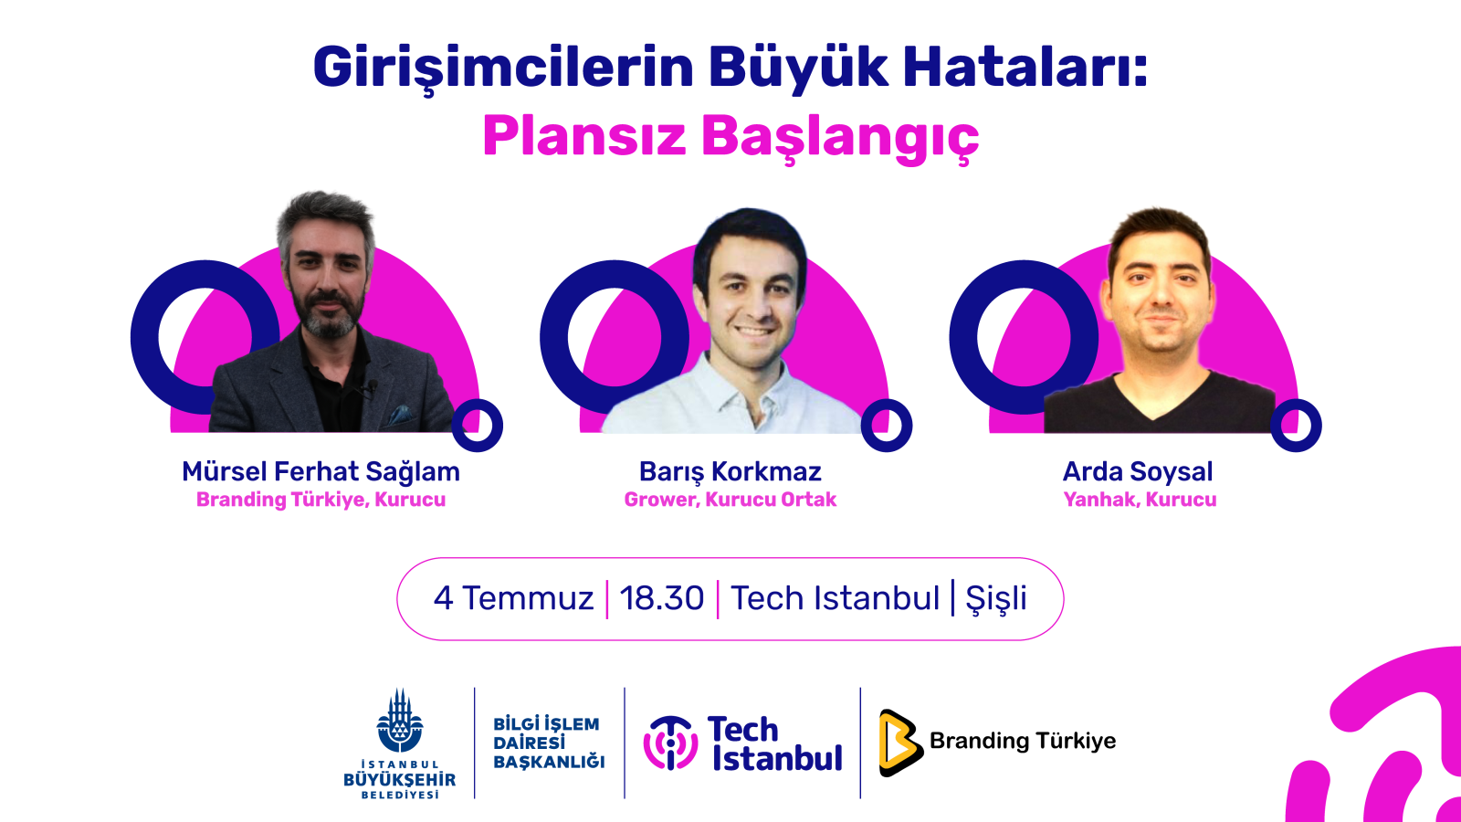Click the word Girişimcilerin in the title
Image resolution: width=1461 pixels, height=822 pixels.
(x=503, y=68)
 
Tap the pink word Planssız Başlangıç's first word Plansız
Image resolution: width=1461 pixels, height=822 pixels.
(x=584, y=136)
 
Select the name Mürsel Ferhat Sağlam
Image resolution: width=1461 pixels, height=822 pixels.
(x=321, y=472)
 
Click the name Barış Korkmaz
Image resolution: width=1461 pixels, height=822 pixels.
(x=730, y=471)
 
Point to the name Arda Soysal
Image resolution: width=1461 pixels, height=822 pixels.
(x=1138, y=471)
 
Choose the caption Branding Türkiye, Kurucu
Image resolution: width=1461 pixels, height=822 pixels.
(x=321, y=500)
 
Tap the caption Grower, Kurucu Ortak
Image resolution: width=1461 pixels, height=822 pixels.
(x=730, y=500)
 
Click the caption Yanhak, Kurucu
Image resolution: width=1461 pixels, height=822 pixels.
(x=1140, y=500)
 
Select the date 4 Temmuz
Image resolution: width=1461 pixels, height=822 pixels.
(x=514, y=597)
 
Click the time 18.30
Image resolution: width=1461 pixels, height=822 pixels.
(x=662, y=597)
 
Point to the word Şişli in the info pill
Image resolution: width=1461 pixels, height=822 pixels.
(x=996, y=599)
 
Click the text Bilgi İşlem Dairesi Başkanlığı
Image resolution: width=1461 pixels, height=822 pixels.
(x=549, y=743)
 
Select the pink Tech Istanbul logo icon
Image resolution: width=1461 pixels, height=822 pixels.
(x=671, y=743)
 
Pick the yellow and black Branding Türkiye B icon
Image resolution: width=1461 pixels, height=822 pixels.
(x=900, y=743)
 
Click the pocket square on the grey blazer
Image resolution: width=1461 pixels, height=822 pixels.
(x=400, y=416)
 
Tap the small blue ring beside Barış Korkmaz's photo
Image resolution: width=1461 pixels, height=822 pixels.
(x=887, y=426)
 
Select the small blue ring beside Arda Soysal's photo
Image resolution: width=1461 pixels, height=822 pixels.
(x=1296, y=426)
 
